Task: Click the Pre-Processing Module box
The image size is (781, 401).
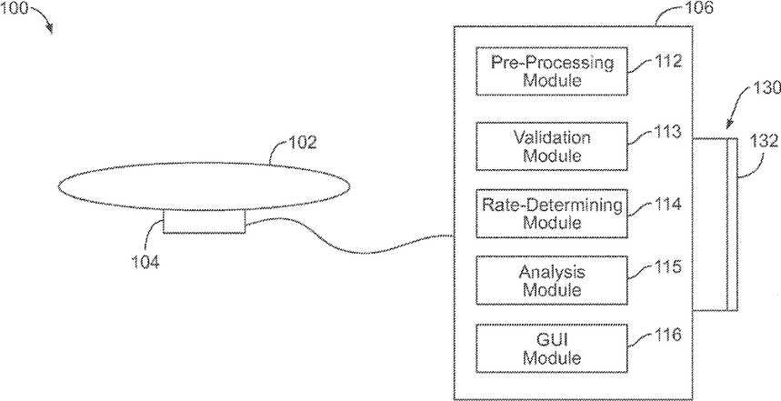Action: pos(552,72)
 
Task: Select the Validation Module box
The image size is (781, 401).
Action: pos(552,146)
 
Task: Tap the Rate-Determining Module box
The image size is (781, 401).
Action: pos(552,213)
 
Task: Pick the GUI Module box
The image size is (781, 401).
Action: pos(552,348)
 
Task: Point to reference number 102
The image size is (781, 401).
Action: pos(302,142)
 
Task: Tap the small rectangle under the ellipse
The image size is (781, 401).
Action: pos(204,221)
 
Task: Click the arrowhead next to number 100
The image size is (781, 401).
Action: pos(51,30)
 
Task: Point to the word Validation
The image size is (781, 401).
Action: pos(552,138)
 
